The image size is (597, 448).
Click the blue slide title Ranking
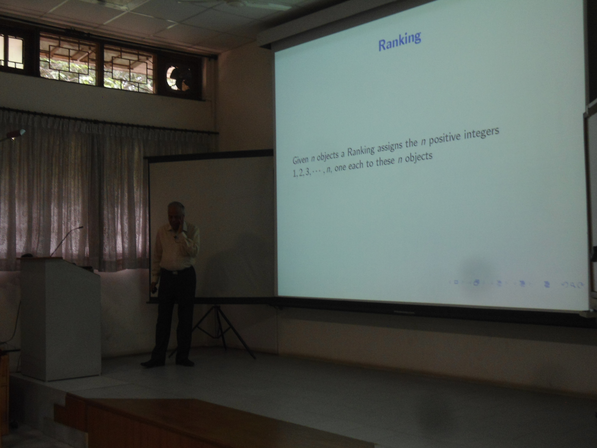[400, 41]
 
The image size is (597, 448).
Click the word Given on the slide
[300, 160]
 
